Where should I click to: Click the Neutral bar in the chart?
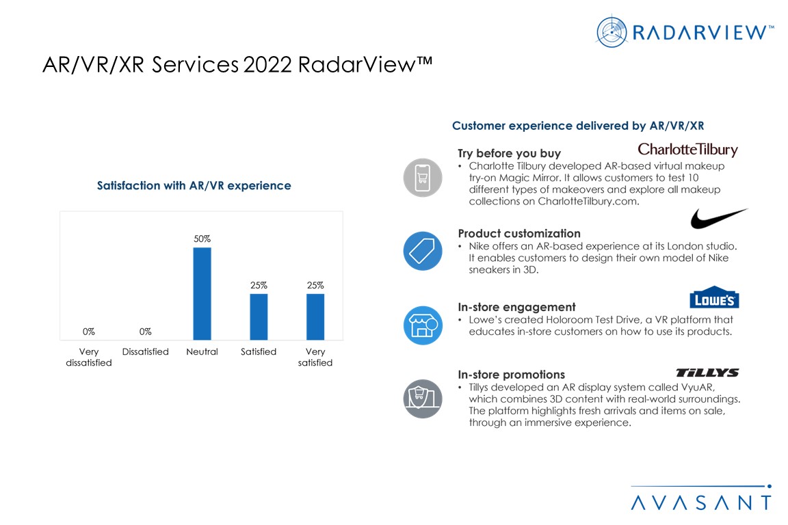coord(202,293)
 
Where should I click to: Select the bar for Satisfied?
coord(259,317)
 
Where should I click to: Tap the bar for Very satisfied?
coord(315,317)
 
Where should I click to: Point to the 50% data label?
coord(202,239)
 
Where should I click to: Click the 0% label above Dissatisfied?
coord(145,332)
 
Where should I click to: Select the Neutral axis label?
coord(202,351)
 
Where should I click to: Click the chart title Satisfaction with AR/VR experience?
coord(194,185)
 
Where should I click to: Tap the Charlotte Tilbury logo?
coord(687,150)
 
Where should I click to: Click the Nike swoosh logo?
coord(718,219)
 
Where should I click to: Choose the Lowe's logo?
coord(714,297)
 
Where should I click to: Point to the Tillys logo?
coord(707,373)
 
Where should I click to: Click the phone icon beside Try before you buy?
coord(423,178)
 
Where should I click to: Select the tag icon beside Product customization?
coord(423,252)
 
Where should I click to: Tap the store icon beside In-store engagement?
coord(423,325)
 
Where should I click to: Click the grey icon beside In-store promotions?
coord(423,399)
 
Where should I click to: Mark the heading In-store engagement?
coord(516,307)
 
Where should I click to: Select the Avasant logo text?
coord(700,502)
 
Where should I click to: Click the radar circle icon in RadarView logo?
coord(612,31)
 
